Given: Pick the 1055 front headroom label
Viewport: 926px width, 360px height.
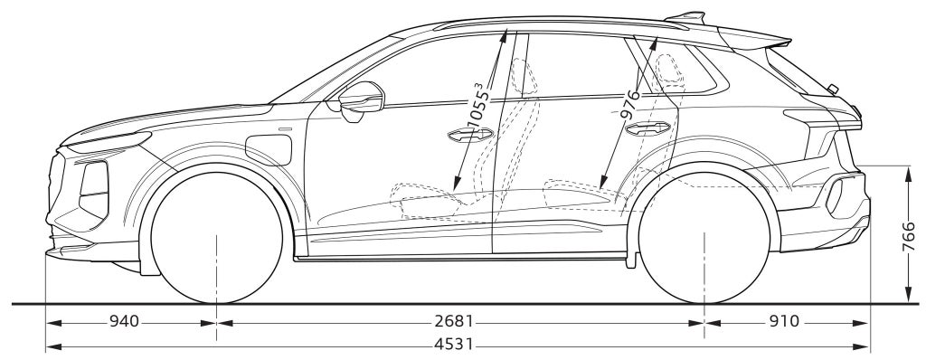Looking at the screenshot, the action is tap(477, 108).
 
